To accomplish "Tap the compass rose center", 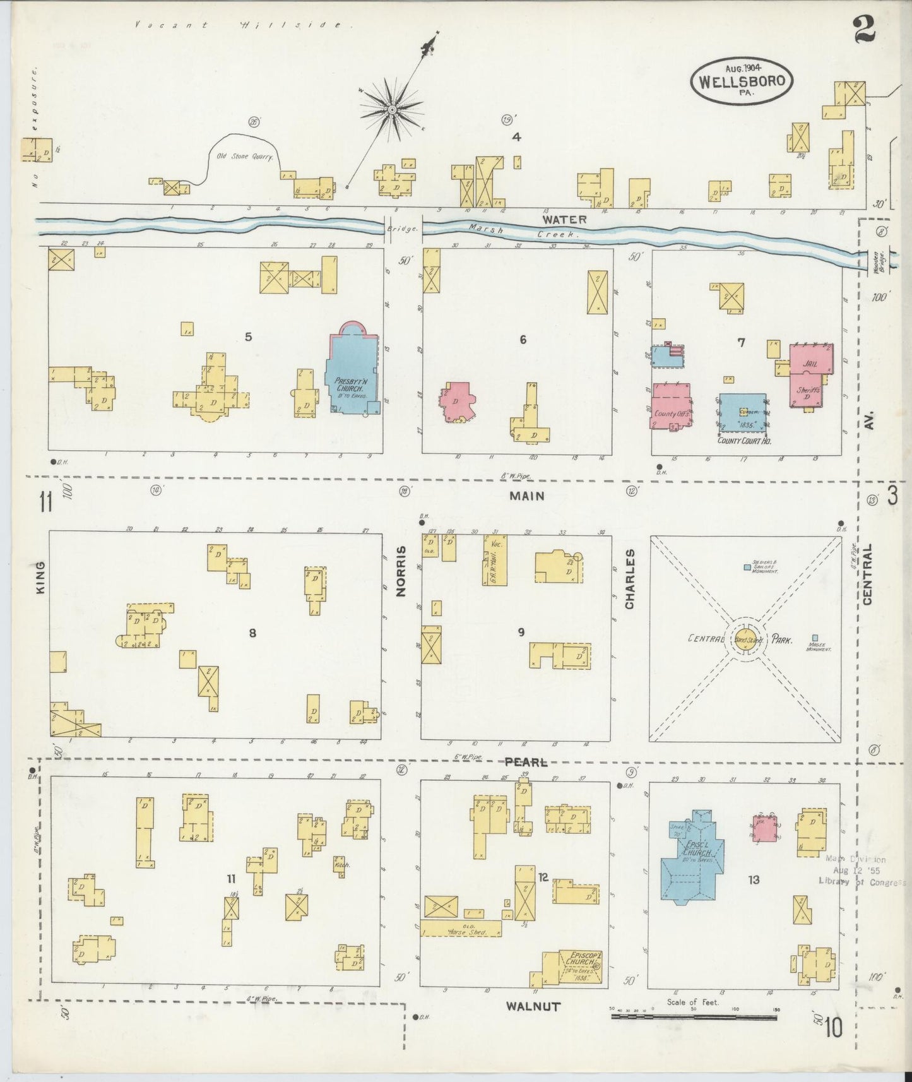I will pos(392,110).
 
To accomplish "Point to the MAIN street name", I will pos(527,496).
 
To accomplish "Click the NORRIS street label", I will pos(400,580).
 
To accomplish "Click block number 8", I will pos(252,633).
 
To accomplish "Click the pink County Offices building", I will pos(671,407).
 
